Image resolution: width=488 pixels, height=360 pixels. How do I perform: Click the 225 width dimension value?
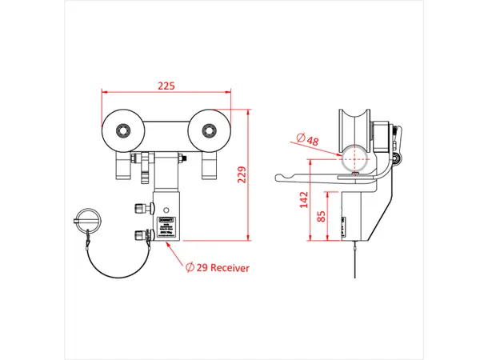(166, 83)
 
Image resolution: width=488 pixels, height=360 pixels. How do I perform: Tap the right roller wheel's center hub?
(210, 130)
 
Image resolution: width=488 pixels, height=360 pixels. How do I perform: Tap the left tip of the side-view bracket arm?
(277, 177)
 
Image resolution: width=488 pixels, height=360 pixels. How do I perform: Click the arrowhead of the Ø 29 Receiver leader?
(167, 245)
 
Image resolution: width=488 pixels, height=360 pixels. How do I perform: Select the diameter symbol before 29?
(191, 268)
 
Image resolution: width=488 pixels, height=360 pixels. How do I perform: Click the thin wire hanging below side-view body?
(349, 260)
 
